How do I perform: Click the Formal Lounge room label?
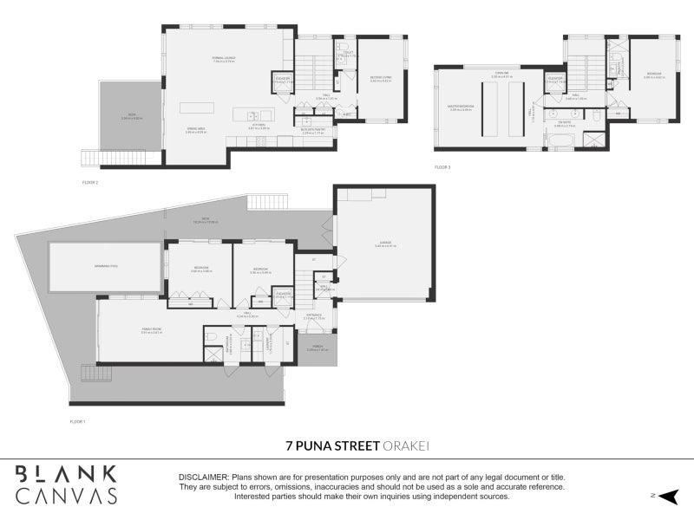point(224,59)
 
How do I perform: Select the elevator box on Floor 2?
point(283,81)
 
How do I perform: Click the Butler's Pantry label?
point(313,133)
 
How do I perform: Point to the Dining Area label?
point(195,130)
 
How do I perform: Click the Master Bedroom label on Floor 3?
point(460,107)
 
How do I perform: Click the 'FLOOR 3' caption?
point(444,166)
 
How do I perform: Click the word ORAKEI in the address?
point(408,445)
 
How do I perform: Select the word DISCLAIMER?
point(203,478)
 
